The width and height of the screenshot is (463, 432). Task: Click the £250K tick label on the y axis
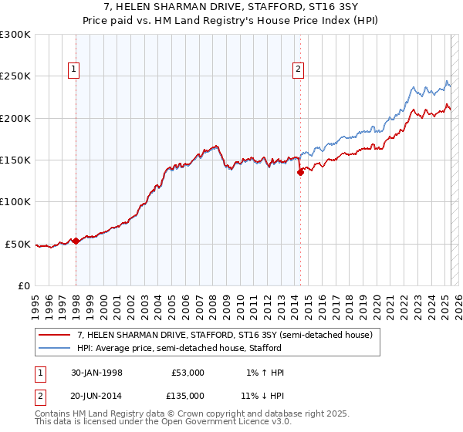[x=15, y=76]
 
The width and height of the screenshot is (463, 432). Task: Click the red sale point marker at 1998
[x=76, y=241]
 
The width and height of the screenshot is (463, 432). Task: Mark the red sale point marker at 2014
[x=300, y=173]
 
